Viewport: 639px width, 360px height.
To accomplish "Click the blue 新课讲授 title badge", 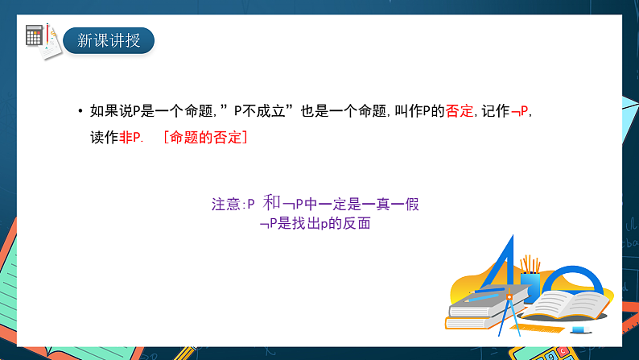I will (109, 39).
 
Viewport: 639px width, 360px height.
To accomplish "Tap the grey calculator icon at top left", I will (35, 35).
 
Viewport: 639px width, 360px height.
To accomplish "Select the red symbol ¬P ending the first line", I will (520, 112).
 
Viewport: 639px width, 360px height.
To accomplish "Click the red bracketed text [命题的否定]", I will (204, 138).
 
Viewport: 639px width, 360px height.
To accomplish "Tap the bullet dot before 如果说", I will (80, 113).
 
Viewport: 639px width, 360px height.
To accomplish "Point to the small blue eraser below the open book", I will (578, 329).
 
